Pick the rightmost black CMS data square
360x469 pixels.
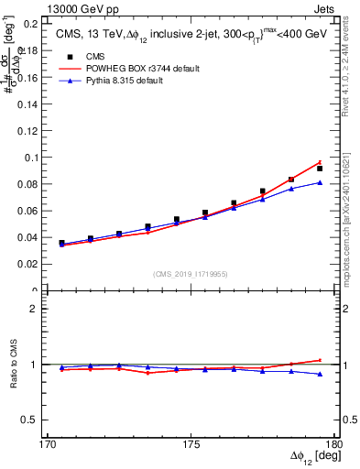pos(320,169)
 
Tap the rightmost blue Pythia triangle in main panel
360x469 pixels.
pos(320,182)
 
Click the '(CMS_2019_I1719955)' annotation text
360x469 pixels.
pos(191,273)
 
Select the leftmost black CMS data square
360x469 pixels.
pos(61,244)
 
